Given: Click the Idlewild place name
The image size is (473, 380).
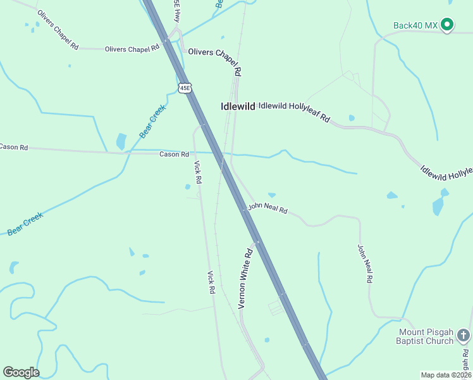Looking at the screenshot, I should pyautogui.click(x=238, y=106).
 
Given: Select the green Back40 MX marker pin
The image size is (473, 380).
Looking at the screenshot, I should pyautogui.click(x=448, y=25).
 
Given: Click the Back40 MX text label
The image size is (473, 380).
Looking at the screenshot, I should pyautogui.click(x=415, y=25).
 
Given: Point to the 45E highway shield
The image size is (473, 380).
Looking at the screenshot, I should pyautogui.click(x=185, y=88).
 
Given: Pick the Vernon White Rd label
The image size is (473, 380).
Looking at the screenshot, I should pyautogui.click(x=245, y=278).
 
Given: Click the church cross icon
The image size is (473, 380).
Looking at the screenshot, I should pyautogui.click(x=464, y=335).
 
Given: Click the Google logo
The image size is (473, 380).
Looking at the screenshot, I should pyautogui.click(x=21, y=372).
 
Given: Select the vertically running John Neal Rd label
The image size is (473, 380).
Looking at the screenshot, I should pyautogui.click(x=365, y=263).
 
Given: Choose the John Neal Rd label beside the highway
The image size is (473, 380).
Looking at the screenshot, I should pyautogui.click(x=267, y=208).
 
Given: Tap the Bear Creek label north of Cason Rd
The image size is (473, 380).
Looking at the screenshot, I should pyautogui.click(x=152, y=122).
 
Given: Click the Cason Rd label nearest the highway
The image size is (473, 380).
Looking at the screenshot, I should pyautogui.click(x=174, y=154).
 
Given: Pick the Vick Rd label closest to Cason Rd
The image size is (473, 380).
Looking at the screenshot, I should pyautogui.click(x=198, y=172).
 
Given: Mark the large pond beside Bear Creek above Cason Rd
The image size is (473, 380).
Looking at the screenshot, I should pyautogui.click(x=121, y=141).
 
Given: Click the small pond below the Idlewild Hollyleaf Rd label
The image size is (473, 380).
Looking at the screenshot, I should pyautogui.click(x=352, y=118).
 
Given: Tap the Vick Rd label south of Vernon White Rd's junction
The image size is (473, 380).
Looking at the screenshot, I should pyautogui.click(x=212, y=282).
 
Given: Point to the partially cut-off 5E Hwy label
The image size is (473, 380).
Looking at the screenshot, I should pyautogui.click(x=178, y=12).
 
